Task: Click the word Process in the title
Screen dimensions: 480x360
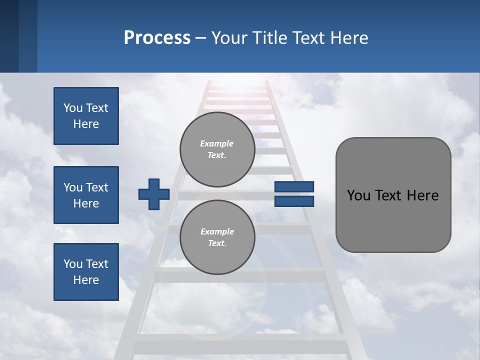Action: point(157,37)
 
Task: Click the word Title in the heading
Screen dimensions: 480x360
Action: point(270,37)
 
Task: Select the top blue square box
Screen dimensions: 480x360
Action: point(86,116)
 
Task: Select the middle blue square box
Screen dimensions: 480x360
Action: point(86,195)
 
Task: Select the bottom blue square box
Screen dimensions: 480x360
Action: point(86,272)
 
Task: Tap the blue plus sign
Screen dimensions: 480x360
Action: point(154,194)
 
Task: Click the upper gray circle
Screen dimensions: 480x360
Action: point(217,149)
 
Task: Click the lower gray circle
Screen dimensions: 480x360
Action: point(217,237)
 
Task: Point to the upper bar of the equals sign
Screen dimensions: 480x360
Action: point(294,186)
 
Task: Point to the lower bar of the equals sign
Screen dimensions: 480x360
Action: point(294,201)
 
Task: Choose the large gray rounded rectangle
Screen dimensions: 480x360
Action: point(393,195)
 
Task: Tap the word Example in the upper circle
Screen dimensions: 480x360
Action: point(216,143)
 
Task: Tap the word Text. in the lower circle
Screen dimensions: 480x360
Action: point(217,243)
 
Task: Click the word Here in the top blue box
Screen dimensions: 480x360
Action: point(86,124)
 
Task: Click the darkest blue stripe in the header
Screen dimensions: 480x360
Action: point(9,36)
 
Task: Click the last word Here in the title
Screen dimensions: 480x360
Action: point(349,37)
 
